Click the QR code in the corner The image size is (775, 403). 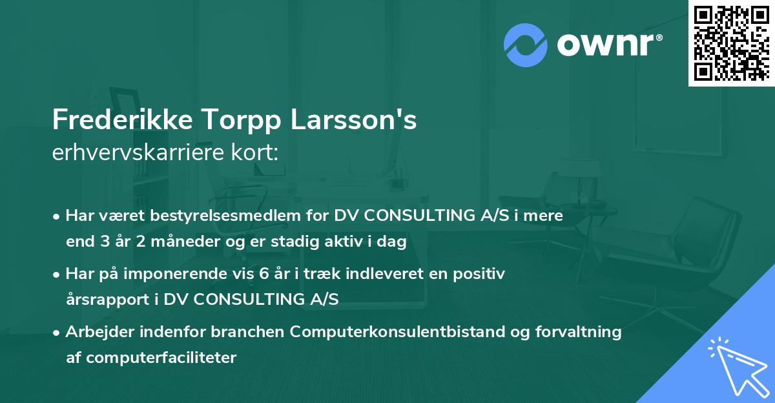pyautogui.click(x=731, y=43)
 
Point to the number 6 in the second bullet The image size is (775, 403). pyautogui.click(x=263, y=274)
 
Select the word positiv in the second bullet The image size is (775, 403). pyautogui.click(x=480, y=274)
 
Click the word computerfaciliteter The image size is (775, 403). pyautogui.click(x=161, y=357)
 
